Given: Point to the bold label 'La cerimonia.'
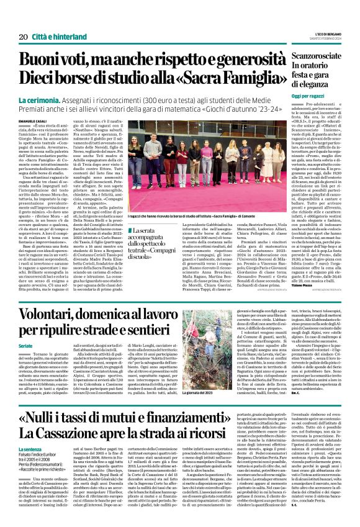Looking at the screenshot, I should (x=58, y=101).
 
